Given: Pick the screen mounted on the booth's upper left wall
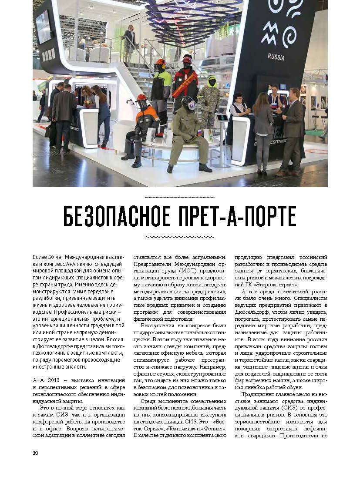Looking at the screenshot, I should pyautogui.click(x=43, y=27).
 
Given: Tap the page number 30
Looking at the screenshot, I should pyautogui.click(x=35, y=453).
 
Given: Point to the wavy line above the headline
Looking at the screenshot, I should pyautogui.click(x=179, y=197).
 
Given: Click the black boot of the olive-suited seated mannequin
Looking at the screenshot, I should pyautogui.click(x=205, y=168).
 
